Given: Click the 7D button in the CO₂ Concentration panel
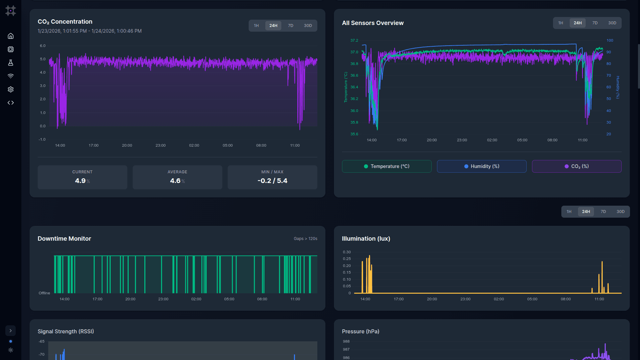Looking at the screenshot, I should click(x=290, y=26).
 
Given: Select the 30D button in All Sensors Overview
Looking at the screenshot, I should click(x=612, y=23).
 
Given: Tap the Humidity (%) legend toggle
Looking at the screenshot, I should click(x=482, y=166).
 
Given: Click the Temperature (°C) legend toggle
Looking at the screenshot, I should click(x=387, y=166).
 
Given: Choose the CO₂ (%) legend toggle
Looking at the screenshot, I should click(x=577, y=166).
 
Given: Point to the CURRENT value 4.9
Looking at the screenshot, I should click(x=80, y=181).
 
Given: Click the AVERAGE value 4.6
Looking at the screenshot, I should click(x=175, y=181).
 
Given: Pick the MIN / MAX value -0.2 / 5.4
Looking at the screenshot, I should click(x=272, y=181).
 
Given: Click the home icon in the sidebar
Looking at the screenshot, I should click(x=11, y=36).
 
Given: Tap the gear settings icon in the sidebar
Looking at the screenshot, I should click(x=11, y=89).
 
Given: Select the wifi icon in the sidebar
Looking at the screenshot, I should click(x=11, y=76).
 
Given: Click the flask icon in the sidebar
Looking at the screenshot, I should click(x=11, y=63).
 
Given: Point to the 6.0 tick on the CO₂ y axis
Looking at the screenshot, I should click(x=43, y=46).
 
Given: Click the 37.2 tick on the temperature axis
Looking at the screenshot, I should click(x=354, y=40).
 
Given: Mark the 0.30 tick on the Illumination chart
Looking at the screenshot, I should click(x=347, y=252).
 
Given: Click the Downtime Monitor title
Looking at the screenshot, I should click(x=64, y=239).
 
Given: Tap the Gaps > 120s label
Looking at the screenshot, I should click(x=305, y=239).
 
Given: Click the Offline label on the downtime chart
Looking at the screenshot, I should click(x=44, y=293).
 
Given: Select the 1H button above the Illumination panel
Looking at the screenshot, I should click(x=569, y=212).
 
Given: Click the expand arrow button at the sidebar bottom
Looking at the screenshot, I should click(x=11, y=331).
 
